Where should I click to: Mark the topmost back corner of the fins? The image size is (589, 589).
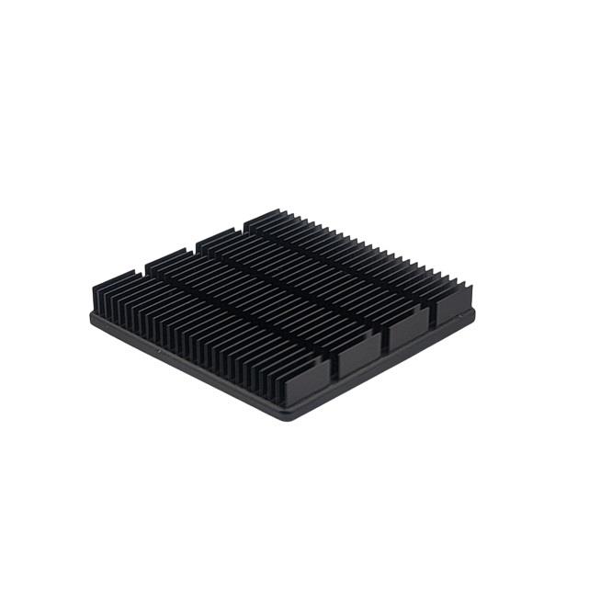pyautogui.click(x=246, y=219)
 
